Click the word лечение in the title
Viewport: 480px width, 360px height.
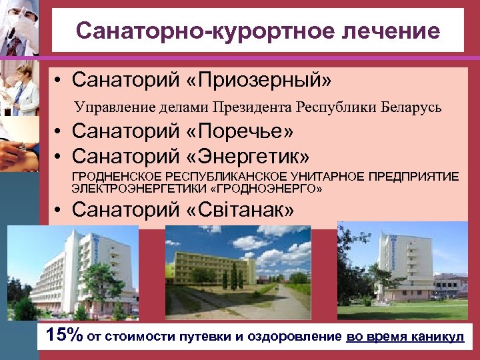386,31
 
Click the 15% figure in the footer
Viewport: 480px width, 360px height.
65,335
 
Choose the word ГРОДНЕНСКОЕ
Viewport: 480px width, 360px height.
110,177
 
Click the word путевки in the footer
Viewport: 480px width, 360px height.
207,337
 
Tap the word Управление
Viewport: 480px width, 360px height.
107,107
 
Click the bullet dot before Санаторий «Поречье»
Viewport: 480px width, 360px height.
59,133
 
